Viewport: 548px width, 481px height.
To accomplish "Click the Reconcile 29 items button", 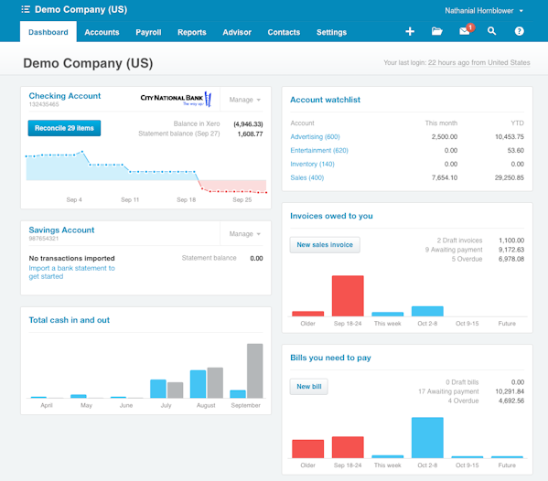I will pyautogui.click(x=64, y=128).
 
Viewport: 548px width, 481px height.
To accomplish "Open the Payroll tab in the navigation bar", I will pyautogui.click(x=148, y=32).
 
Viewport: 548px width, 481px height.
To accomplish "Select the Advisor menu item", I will pyautogui.click(x=237, y=32).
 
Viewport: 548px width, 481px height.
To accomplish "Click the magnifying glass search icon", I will pyautogui.click(x=491, y=31).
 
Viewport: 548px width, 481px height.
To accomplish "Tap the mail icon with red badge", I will pyautogui.click(x=465, y=31).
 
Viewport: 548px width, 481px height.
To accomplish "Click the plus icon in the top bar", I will pyautogui.click(x=410, y=31).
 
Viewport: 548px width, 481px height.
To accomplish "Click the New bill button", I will pyautogui.click(x=309, y=387).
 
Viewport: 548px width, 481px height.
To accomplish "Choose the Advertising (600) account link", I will pyautogui.click(x=315, y=136).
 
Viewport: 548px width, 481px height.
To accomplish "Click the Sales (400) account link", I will pyautogui.click(x=307, y=177).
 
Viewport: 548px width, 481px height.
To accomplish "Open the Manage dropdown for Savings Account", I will pyautogui.click(x=244, y=234).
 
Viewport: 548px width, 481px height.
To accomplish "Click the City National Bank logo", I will pyautogui.click(x=176, y=99).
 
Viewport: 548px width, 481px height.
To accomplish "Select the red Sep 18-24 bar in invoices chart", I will pyautogui.click(x=348, y=295).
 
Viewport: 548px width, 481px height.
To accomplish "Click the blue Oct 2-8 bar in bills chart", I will pyautogui.click(x=427, y=437).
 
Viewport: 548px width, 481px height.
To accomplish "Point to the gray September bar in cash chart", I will pyautogui.click(x=254, y=370).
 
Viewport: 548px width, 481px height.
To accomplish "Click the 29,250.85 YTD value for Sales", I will pyautogui.click(x=506, y=177).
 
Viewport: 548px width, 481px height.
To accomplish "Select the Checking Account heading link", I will pyautogui.click(x=64, y=95).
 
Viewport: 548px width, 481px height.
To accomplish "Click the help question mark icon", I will pyautogui.click(x=519, y=31).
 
